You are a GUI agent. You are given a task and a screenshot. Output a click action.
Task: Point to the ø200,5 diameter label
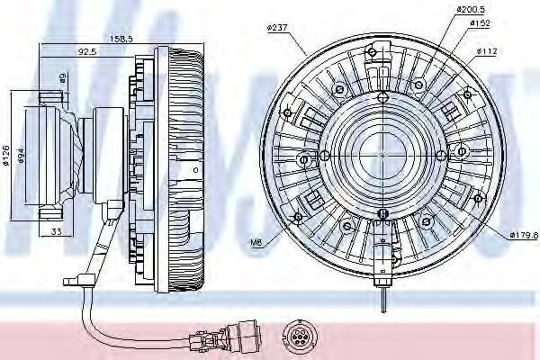click(x=472, y=10)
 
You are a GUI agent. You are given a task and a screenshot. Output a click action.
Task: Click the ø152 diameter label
click(x=481, y=24)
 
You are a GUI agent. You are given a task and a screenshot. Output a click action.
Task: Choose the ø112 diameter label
click(x=489, y=50)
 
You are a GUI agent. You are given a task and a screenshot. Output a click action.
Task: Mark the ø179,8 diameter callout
click(x=523, y=236)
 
